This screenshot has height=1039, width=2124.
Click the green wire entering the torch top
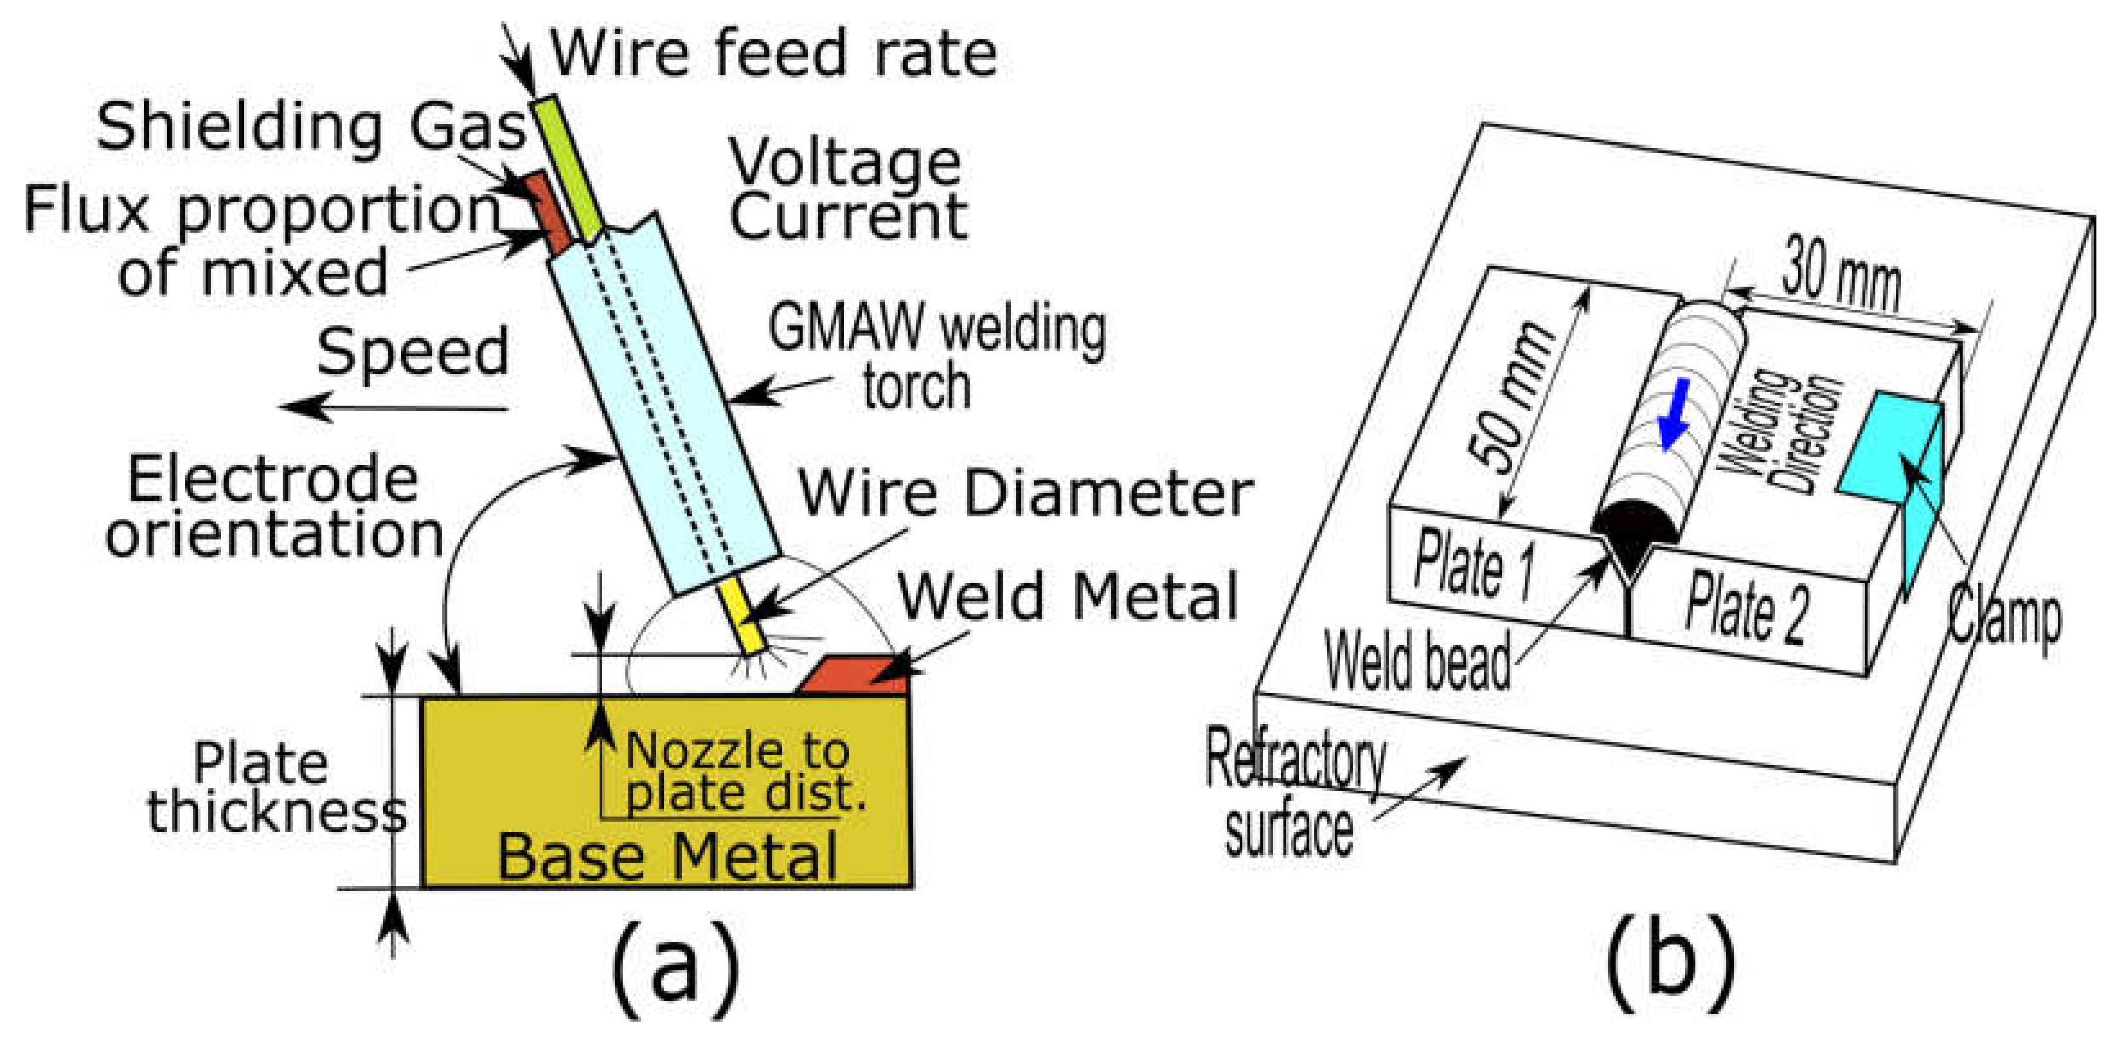[x=569, y=165]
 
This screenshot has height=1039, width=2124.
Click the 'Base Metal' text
[x=668, y=858]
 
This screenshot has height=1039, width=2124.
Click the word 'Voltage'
[x=845, y=163]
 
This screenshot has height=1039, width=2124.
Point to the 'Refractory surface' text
[x=1294, y=791]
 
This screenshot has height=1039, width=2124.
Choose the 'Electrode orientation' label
[x=274, y=507]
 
